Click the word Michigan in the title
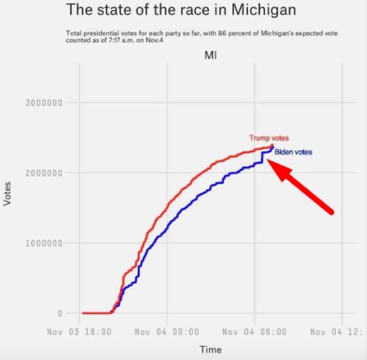pos(263,10)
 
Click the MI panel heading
pos(211,55)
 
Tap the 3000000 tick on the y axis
pos(44,103)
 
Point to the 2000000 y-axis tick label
pos(44,173)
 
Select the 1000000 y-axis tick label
pos(44,243)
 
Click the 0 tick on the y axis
pos(60,313)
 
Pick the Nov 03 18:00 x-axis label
pos(79,332)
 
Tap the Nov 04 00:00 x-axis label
pos(167,332)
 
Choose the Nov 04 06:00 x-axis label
pos(255,332)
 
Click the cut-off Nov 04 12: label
pos(336,332)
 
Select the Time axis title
pos(211,350)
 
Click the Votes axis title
pos(7,193)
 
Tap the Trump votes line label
pos(269,138)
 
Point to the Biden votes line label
pos(294,152)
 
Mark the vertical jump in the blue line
pos(263,157)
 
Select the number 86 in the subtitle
pos(221,34)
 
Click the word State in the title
pos(112,10)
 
